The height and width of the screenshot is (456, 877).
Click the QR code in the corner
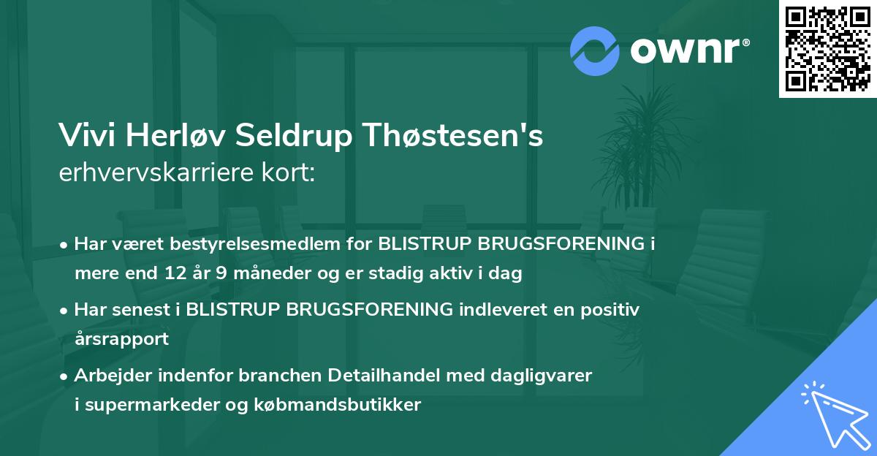(828, 48)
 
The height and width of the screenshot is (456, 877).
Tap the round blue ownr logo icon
(595, 51)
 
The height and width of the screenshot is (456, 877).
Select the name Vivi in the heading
(86, 136)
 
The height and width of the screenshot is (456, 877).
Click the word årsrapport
(121, 339)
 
